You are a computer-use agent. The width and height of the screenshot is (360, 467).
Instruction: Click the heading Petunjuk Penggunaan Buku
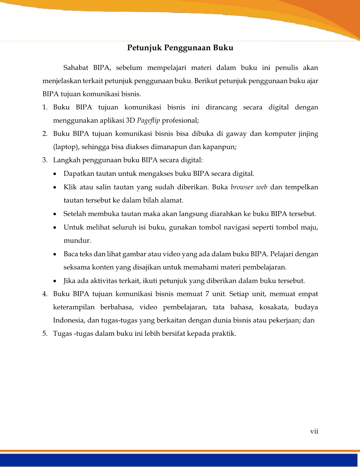(180, 48)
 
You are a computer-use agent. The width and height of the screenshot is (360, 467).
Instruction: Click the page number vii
(314, 431)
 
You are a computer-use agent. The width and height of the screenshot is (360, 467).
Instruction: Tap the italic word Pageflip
(148, 120)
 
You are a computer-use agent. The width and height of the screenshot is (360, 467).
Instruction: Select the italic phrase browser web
(249, 187)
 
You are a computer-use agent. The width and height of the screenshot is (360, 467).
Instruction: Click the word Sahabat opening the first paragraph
(75, 68)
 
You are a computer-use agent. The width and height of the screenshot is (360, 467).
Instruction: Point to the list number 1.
(45, 107)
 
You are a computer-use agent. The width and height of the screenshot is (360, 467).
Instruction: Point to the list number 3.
(45, 160)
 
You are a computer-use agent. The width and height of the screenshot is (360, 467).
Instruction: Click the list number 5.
(45, 334)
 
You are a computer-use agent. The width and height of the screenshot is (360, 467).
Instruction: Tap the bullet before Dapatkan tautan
(56, 174)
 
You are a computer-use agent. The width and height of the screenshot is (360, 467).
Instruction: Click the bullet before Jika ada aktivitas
(56, 281)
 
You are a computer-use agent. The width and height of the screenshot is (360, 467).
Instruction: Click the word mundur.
(77, 241)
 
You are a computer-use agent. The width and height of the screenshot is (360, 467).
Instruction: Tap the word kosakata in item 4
(272, 307)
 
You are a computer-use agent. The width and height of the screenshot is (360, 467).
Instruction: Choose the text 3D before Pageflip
(131, 120)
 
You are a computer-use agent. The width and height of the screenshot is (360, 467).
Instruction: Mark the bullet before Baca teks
(56, 255)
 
